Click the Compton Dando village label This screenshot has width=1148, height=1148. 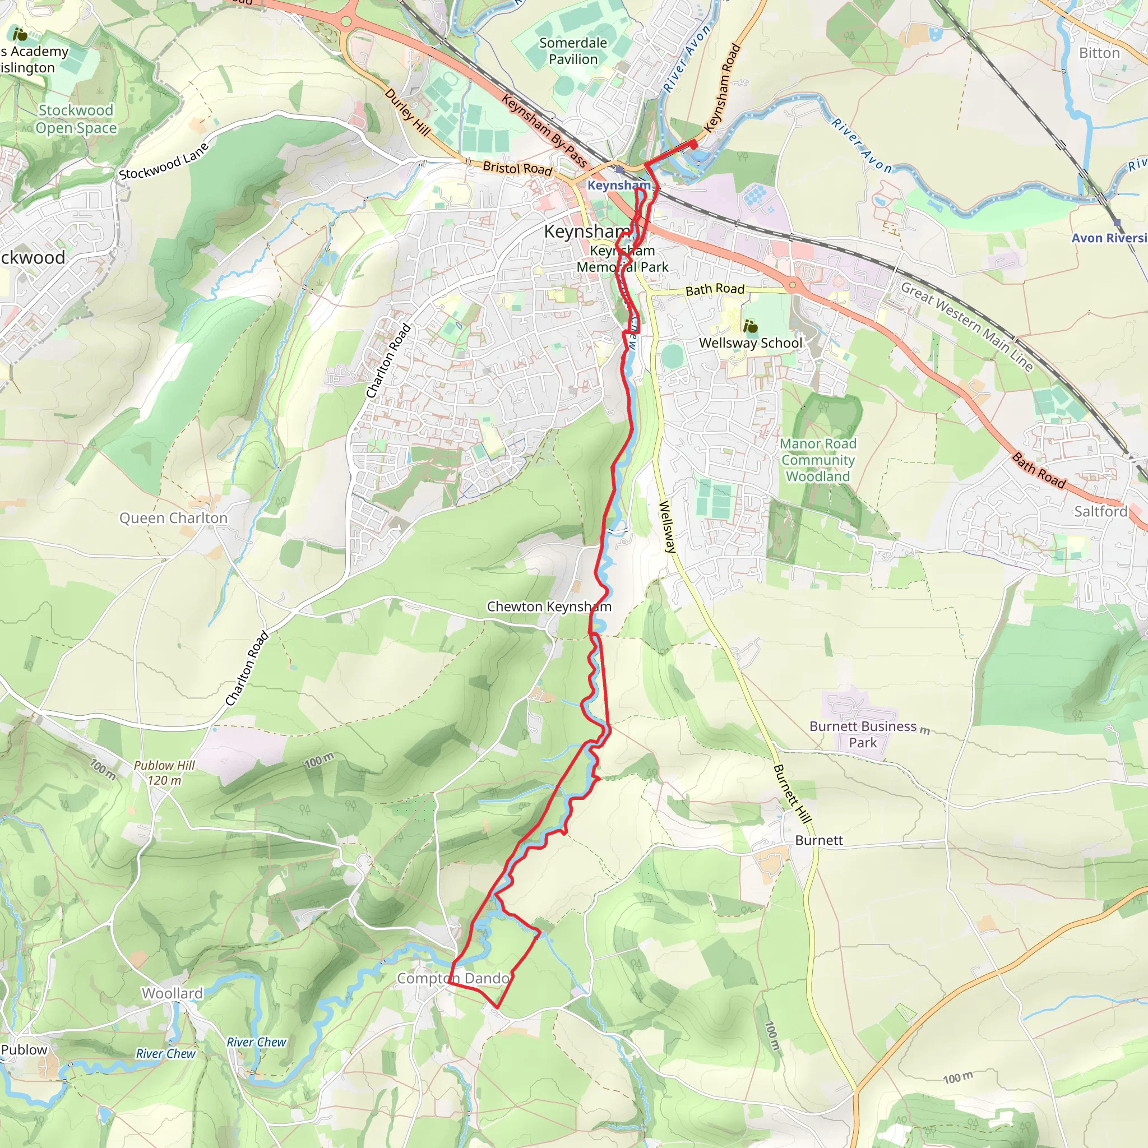point(453,978)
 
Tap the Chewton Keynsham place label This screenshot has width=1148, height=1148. point(548,607)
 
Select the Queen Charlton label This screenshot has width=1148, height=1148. point(174,518)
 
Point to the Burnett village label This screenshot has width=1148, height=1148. point(819,840)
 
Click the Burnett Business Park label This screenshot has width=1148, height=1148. point(863,734)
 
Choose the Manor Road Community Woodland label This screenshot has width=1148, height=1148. point(818,460)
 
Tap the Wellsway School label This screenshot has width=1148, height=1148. point(751,343)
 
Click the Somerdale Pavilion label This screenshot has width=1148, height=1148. point(573,51)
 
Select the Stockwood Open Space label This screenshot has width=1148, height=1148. point(76,119)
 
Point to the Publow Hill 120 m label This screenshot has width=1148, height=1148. point(164,773)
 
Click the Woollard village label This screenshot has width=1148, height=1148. point(172,993)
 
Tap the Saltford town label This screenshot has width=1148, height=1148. point(1100,512)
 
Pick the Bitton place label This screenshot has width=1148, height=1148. point(1099,53)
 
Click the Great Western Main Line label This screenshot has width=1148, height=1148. point(966,327)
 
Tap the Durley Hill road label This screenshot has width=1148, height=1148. point(407,112)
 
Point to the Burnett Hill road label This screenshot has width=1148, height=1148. point(791,794)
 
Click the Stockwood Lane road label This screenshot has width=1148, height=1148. point(164,161)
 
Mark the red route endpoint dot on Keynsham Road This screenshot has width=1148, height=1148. point(693,144)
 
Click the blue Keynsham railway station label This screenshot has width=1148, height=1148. point(619,186)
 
